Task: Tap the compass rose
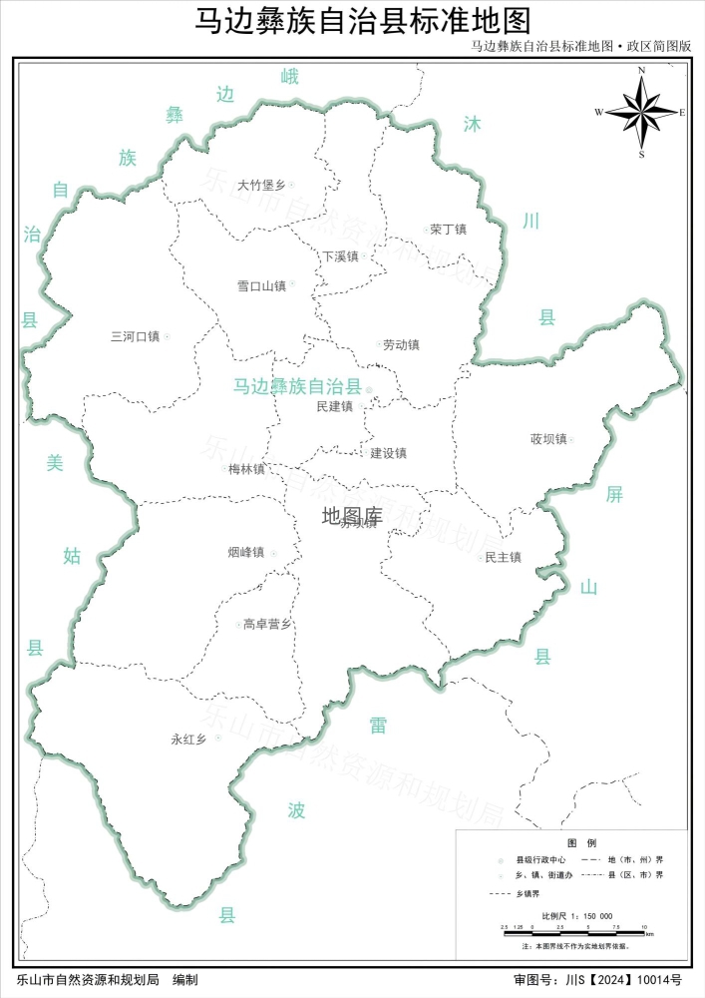(x=641, y=112)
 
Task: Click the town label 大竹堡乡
(x=261, y=185)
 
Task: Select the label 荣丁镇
(x=448, y=230)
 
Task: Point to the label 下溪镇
(x=339, y=256)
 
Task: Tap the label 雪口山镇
(x=261, y=286)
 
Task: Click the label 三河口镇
(x=135, y=336)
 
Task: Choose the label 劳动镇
(x=401, y=345)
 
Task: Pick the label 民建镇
(x=334, y=406)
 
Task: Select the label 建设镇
(x=388, y=453)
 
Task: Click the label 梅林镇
(x=246, y=469)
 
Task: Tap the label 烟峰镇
(x=245, y=552)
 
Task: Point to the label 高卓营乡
(x=267, y=625)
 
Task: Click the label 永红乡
(x=188, y=740)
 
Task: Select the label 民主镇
(x=503, y=557)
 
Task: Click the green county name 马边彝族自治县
(x=297, y=386)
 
